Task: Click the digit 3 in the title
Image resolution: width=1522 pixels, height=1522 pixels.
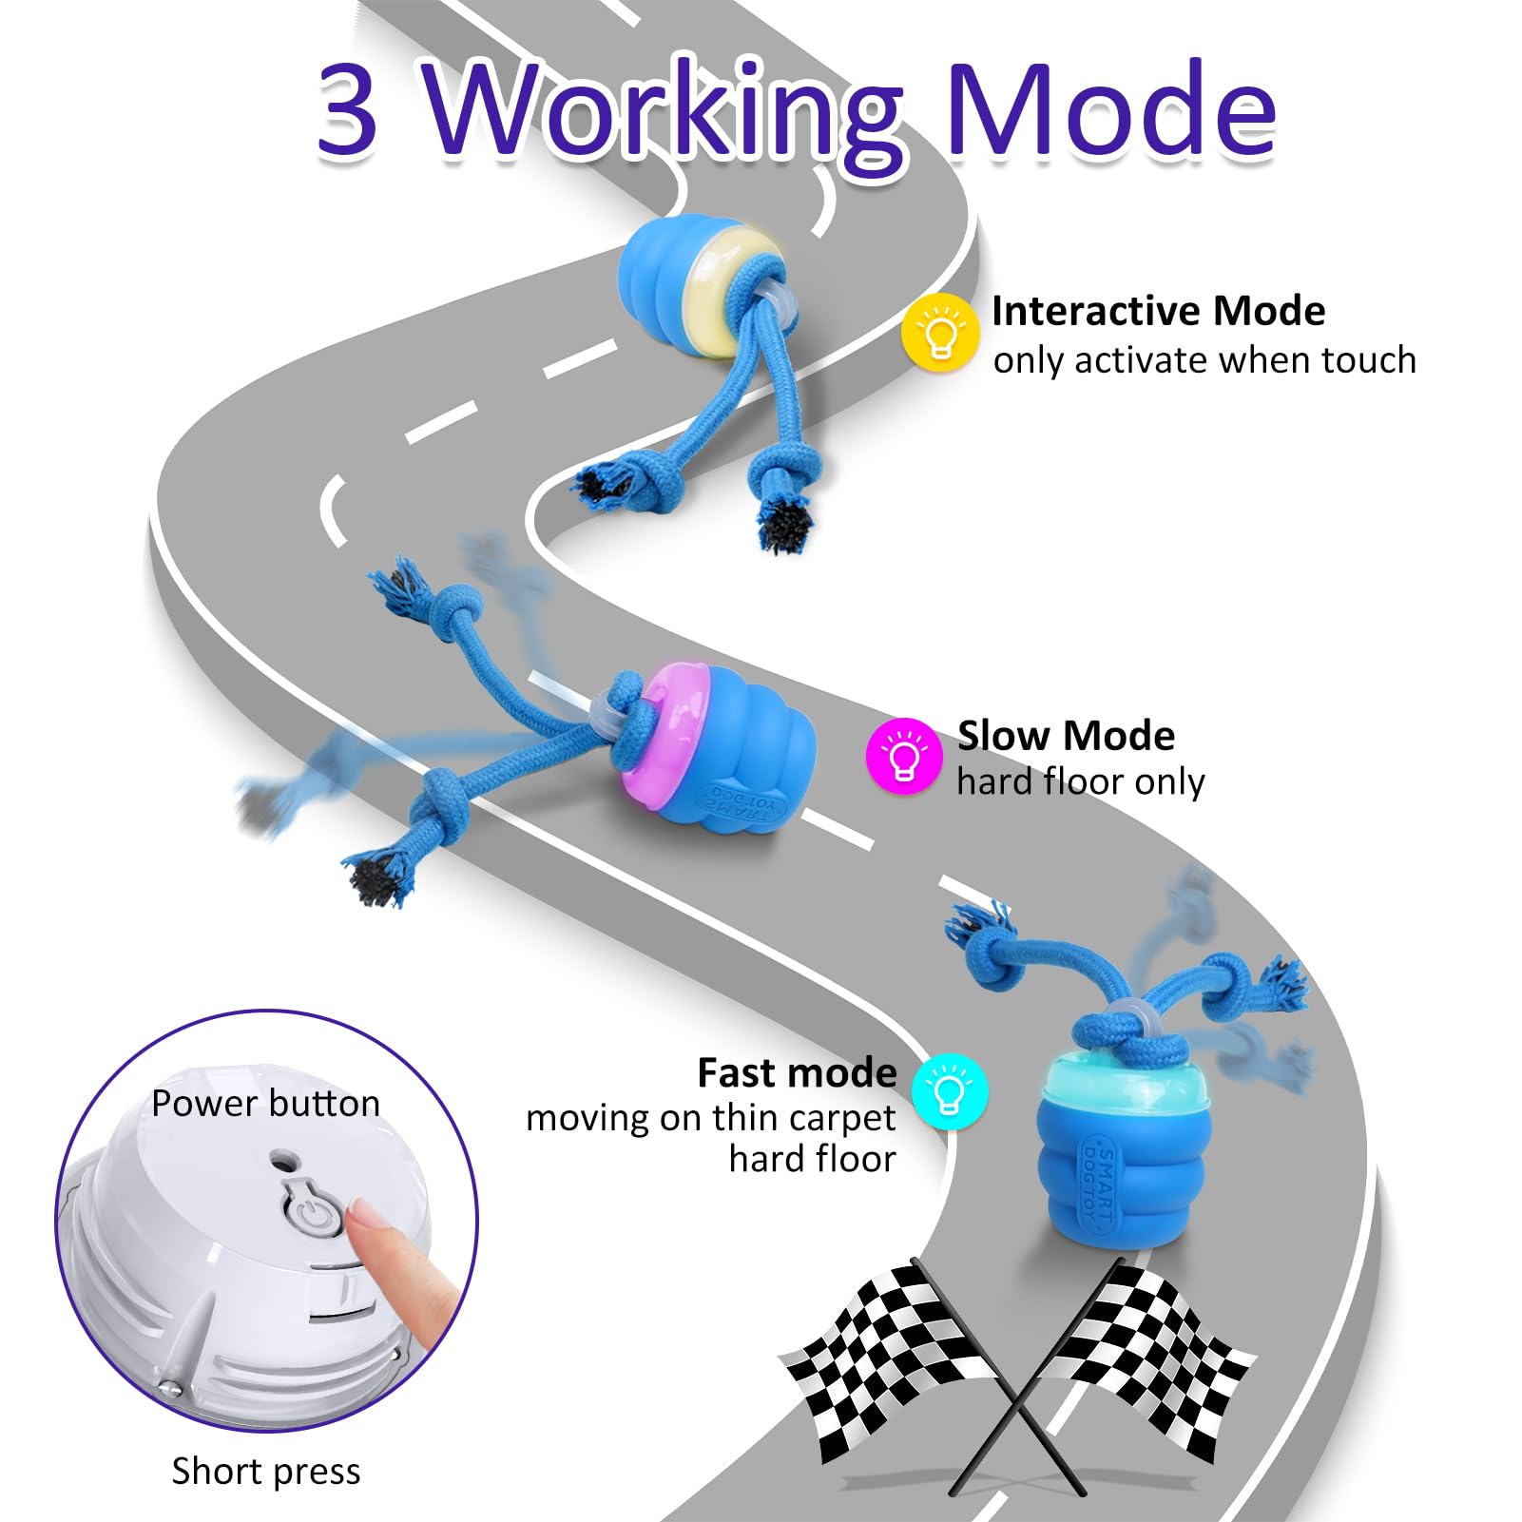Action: tap(347, 110)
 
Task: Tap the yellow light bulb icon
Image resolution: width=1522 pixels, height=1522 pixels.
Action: tap(940, 331)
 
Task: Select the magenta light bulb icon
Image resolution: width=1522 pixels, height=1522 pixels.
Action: tap(904, 756)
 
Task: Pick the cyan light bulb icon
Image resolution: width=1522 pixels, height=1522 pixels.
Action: tap(950, 1091)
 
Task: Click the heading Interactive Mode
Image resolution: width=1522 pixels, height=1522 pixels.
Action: tap(1158, 311)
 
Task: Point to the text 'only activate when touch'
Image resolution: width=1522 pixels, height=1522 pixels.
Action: tap(1204, 360)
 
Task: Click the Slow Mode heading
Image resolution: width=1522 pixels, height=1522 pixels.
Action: tap(1066, 735)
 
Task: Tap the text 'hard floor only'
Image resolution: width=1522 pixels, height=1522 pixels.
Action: tap(1081, 781)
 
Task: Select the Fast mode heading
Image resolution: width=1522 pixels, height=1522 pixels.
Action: tap(798, 1072)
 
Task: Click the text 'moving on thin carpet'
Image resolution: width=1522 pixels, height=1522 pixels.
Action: tap(711, 1118)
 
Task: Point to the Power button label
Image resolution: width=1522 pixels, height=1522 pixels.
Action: tap(265, 1103)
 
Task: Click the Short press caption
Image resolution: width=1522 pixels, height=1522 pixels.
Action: tap(266, 1471)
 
